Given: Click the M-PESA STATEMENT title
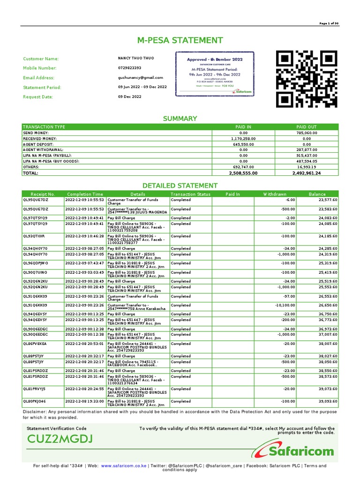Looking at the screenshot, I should (180, 40).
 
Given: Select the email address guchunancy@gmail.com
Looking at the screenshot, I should (141, 78).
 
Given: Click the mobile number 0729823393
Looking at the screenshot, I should (129, 68).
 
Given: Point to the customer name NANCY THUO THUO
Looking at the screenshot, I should (135, 58).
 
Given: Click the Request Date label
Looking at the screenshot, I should (38, 97).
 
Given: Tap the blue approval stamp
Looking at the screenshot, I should (215, 74).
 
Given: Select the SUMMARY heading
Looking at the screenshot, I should (180, 119).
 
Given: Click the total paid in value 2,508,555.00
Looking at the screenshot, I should (243, 173).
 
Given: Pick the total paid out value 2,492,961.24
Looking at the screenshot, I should (306, 173).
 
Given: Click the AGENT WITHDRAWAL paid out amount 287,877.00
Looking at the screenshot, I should (307, 150).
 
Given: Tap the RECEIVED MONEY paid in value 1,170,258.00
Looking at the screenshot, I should (244, 139).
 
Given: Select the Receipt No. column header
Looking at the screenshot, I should (43, 194).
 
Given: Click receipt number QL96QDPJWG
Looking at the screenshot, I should (36, 263).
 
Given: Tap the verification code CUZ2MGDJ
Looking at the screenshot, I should (60, 439).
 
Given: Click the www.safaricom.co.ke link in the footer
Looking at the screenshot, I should (123, 466).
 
